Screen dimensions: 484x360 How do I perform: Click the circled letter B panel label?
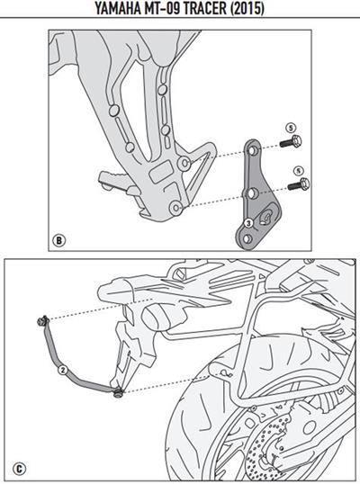click(58, 240)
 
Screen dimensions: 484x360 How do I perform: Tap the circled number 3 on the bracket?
click(247, 221)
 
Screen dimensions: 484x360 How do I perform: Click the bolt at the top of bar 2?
click(41, 321)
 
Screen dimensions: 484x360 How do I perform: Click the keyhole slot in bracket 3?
click(267, 219)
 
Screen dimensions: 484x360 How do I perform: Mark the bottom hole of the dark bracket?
click(255, 192)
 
